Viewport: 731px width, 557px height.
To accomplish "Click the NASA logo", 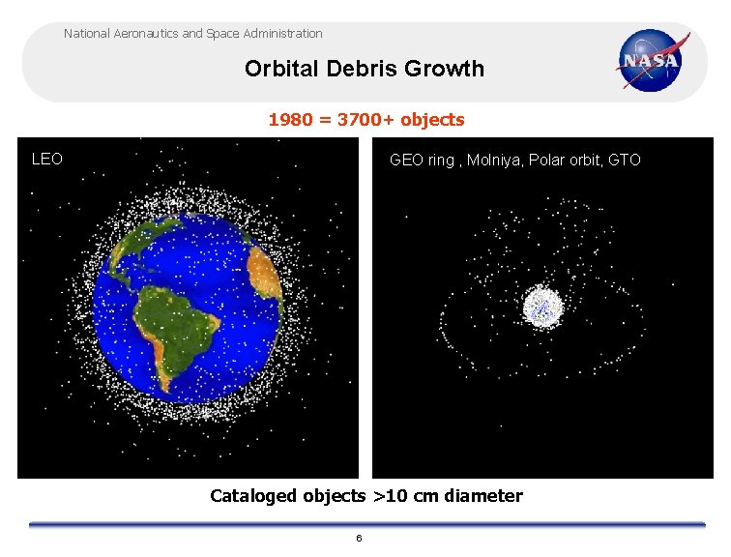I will coord(653,60).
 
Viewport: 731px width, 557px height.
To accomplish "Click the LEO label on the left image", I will coord(47,159).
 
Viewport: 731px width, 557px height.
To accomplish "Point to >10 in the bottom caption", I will coord(391,496).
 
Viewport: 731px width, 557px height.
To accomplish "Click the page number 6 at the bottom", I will coord(359,538).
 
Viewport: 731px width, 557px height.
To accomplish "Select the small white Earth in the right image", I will coord(543,307).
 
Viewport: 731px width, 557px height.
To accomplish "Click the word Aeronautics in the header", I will coord(144,34).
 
